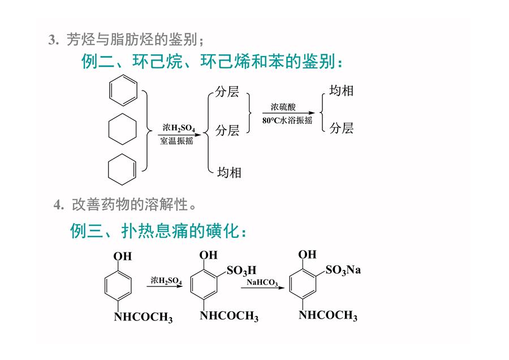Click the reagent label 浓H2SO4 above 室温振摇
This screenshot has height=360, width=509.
(x=179, y=128)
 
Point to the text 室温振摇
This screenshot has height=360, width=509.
(x=176, y=141)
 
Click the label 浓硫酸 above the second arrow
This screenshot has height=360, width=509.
(x=283, y=106)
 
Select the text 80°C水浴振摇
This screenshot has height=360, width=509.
(x=287, y=120)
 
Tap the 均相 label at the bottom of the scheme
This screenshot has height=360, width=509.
(x=229, y=172)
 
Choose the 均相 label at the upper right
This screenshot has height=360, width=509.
(x=341, y=91)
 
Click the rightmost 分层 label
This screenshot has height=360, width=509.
(x=341, y=128)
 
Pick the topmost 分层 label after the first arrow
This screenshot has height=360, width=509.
(x=227, y=92)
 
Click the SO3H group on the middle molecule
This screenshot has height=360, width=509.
(x=241, y=271)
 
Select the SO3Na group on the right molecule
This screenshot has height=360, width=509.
(x=343, y=270)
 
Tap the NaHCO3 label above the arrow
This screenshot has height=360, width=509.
(x=262, y=282)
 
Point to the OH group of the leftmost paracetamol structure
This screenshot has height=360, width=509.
(x=122, y=256)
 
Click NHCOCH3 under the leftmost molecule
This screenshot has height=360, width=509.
(x=143, y=317)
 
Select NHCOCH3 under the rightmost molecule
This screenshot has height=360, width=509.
(x=328, y=315)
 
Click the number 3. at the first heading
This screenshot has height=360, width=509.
(x=54, y=40)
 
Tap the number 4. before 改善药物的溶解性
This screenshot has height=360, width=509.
(x=59, y=205)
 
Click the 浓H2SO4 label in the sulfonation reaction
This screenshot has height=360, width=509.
(x=166, y=280)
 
